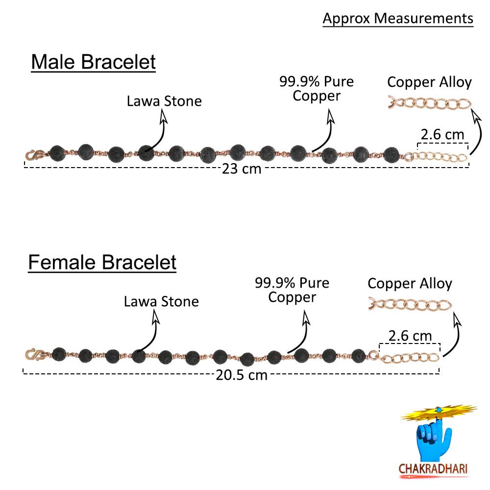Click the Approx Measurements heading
pyautogui.click(x=398, y=19)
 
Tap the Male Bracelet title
pyautogui.click(x=93, y=63)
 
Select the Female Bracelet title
pyautogui.click(x=102, y=262)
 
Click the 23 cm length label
pyautogui.click(x=242, y=170)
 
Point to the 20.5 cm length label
pyautogui.click(x=242, y=375)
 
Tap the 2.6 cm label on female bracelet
pyautogui.click(x=410, y=336)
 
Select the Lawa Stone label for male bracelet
pyautogui.click(x=164, y=101)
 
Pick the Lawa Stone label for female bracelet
pyautogui.click(x=161, y=301)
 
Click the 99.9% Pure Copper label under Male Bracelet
pyautogui.click(x=317, y=88)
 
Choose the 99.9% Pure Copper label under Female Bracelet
pyautogui.click(x=292, y=290)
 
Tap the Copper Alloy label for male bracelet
pyautogui.click(x=429, y=82)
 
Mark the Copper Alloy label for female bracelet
pyautogui.click(x=410, y=283)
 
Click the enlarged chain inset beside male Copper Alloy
pyautogui.click(x=429, y=104)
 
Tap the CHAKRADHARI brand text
pyautogui.click(x=434, y=468)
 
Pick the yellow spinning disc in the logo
pyautogui.click(x=439, y=413)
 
